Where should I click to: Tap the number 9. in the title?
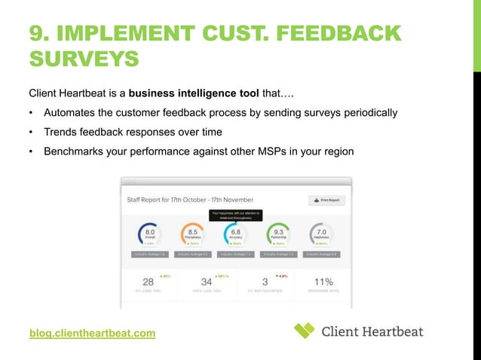coord(41,34)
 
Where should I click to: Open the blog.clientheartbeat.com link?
coord(92,332)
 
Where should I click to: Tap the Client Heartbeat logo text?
coord(372,331)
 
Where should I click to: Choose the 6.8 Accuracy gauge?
coord(237,234)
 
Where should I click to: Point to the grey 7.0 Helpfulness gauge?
coord(322,234)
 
